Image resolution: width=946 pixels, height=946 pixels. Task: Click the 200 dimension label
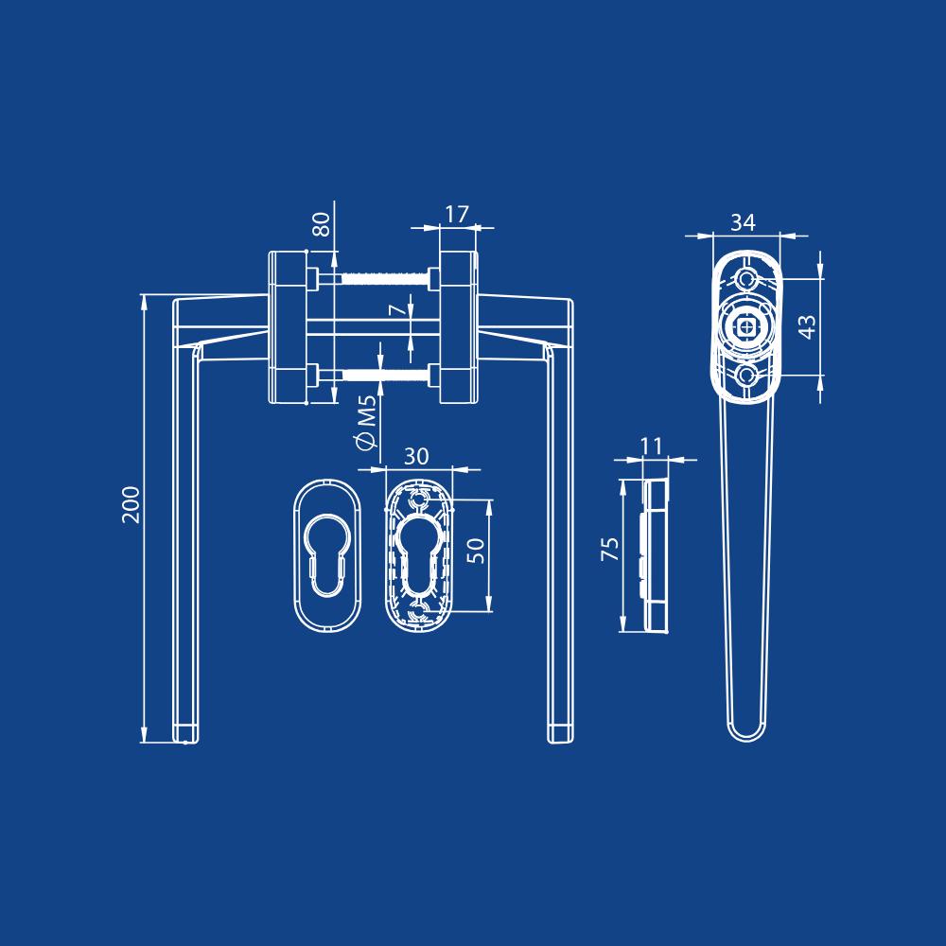click(x=131, y=504)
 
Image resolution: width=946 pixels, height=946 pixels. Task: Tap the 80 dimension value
click(x=321, y=224)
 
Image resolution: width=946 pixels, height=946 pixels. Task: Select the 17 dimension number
click(x=457, y=214)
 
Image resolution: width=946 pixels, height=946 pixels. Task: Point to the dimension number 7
click(x=397, y=309)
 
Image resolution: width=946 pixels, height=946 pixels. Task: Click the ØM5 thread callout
click(x=366, y=422)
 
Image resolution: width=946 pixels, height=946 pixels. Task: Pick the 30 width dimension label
click(x=416, y=457)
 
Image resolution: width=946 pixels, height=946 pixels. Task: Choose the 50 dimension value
click(x=476, y=551)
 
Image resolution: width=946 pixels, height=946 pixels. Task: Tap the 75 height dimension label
click(x=610, y=549)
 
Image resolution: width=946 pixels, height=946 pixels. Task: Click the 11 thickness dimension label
click(x=652, y=447)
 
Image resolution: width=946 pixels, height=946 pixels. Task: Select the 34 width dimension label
click(x=743, y=222)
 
